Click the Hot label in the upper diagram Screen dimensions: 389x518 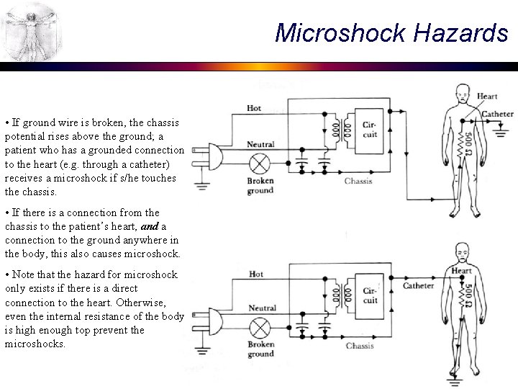[254, 108]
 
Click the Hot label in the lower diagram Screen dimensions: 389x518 [256, 274]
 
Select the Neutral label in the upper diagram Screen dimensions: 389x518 [260, 145]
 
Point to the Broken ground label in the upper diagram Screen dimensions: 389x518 [260, 186]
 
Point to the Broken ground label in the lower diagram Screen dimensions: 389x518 [260, 349]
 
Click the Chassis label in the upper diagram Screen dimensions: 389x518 [358, 181]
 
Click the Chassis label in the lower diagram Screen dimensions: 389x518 [359, 346]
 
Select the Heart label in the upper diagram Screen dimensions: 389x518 [487, 96]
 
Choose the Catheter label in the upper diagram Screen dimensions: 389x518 [497, 114]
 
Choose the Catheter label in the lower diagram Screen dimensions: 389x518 [418, 286]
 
